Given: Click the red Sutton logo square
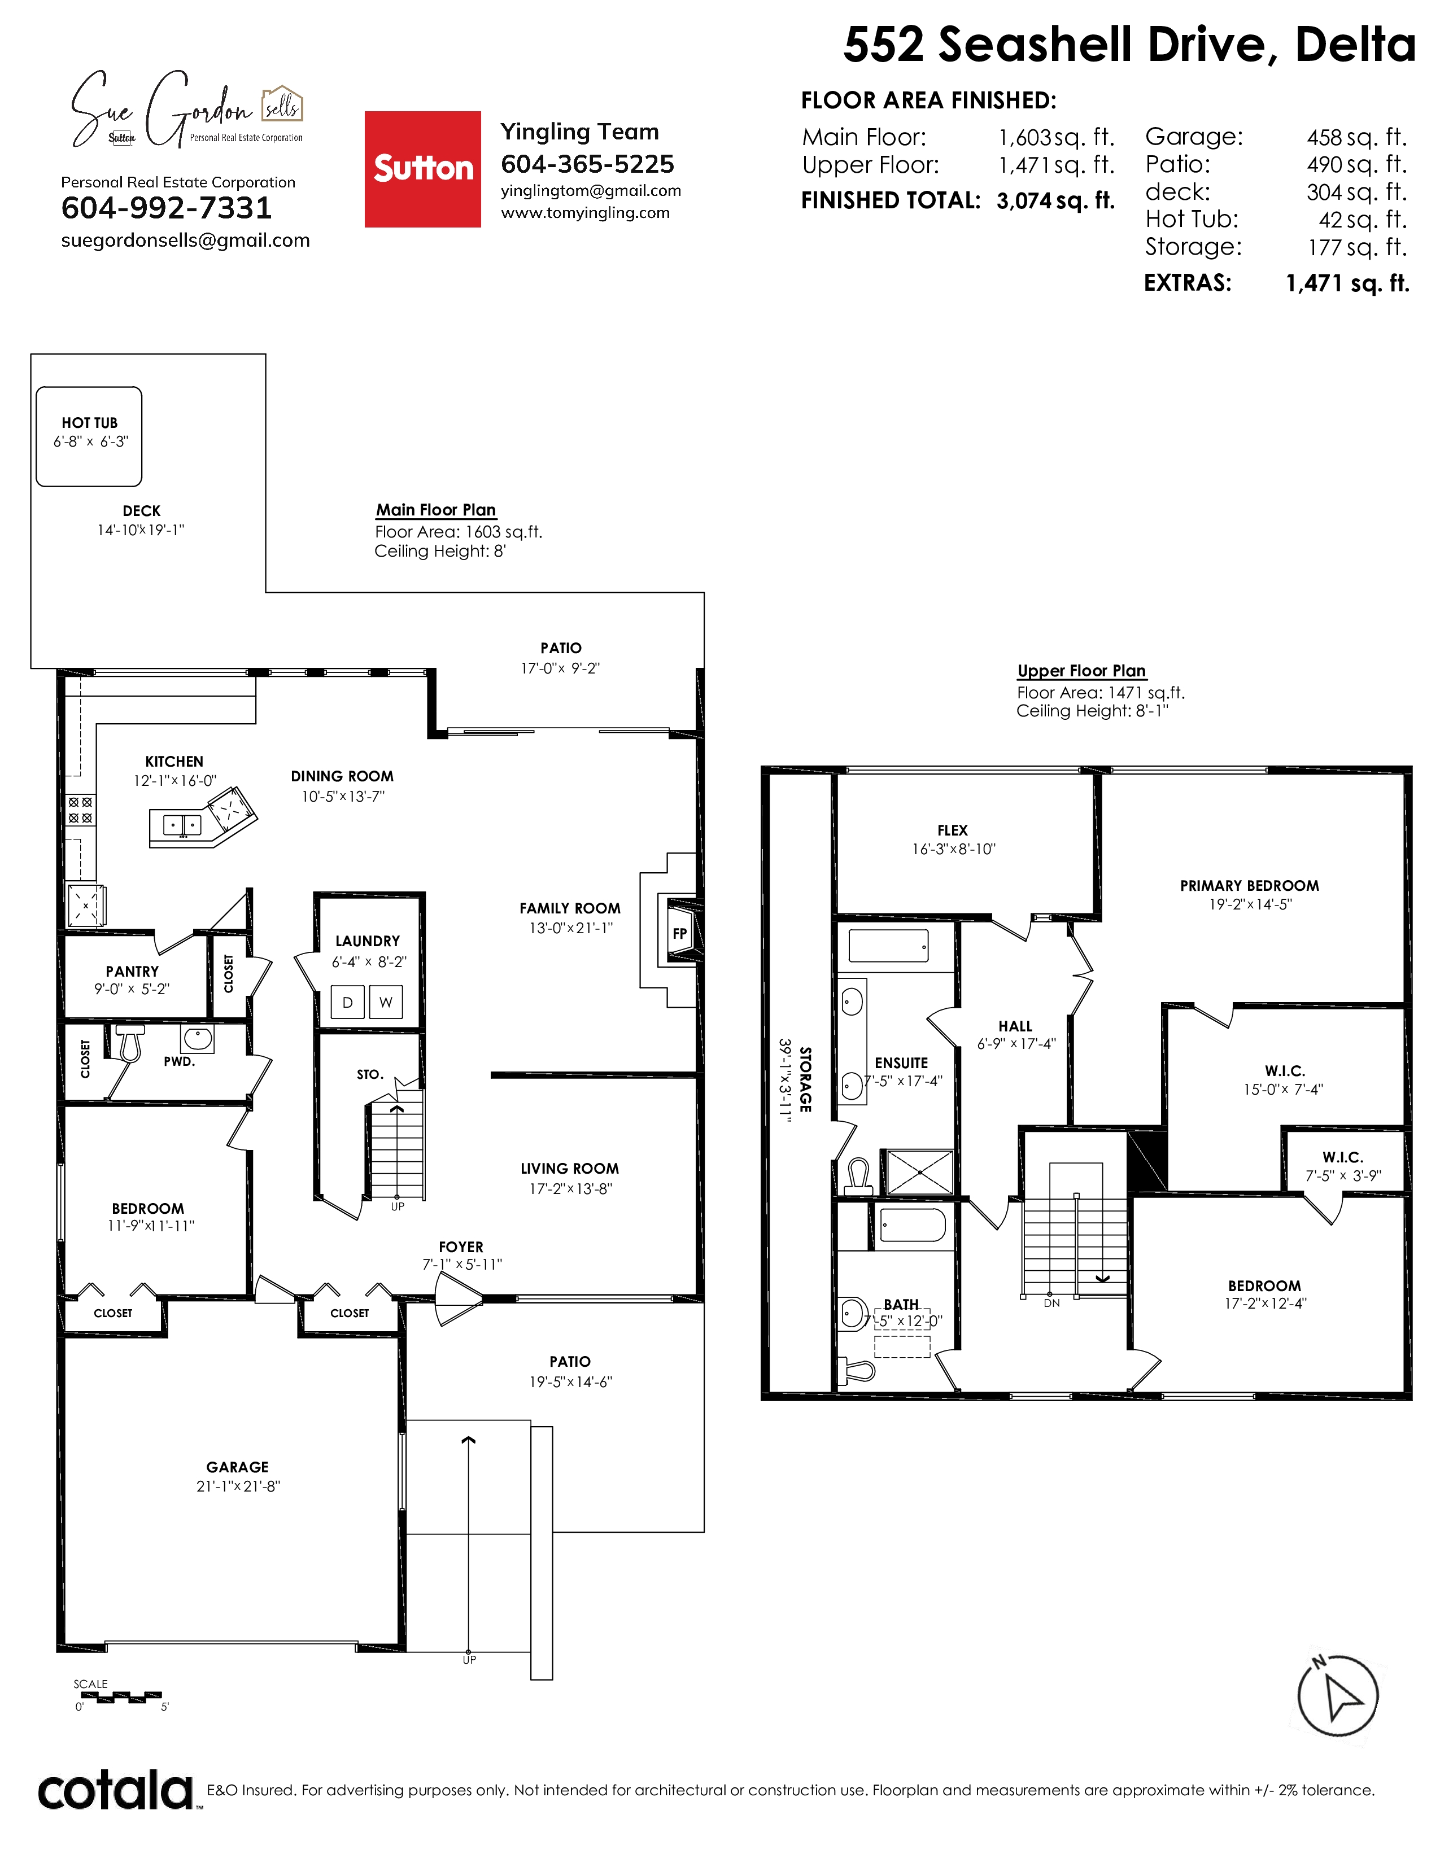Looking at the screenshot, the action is [x=422, y=169].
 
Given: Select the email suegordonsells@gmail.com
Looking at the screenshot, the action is [x=185, y=240].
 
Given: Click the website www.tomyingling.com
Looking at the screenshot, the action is [x=585, y=213].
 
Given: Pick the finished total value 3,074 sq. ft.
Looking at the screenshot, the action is [x=1055, y=200].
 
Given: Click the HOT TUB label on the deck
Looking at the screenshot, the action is [x=90, y=423].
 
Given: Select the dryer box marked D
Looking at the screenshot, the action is [x=347, y=1002].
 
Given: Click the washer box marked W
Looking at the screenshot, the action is [x=386, y=1002].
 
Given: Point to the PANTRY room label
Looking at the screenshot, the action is [x=132, y=972].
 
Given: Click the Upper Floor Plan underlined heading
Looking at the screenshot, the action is [x=1082, y=671].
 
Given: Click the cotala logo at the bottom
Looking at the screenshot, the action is [x=116, y=1791].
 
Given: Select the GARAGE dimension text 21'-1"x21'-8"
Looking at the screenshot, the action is [x=238, y=1486].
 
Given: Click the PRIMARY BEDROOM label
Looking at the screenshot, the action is [x=1250, y=885].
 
